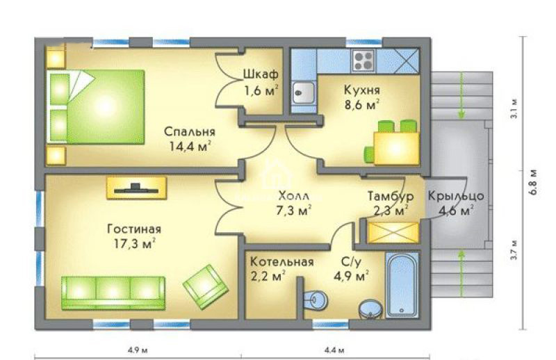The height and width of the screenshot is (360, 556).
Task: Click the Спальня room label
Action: coord(189,132)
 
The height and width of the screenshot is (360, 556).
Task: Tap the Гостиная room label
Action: coord(134,229)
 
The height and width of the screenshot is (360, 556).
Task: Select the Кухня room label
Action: coord(361,90)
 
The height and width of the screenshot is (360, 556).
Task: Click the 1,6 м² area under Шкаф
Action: coord(261,91)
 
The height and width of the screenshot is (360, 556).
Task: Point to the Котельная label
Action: coord(282,262)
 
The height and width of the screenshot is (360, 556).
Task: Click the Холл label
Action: coord(293,195)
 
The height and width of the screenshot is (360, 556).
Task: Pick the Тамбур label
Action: coord(391,196)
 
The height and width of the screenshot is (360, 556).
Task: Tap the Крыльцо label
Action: coord(456,196)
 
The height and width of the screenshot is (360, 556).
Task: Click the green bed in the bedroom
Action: coord(97,107)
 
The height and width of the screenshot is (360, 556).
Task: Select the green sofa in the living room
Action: coord(113,293)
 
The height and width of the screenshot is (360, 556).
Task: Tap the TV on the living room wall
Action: coord(136,188)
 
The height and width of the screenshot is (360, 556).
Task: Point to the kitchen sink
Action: coord(303,92)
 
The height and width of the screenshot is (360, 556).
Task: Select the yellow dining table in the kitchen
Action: coord(396,148)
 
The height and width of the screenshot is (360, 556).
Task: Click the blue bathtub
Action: coord(402,285)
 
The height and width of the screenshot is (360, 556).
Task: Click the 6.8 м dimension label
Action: coord(534,182)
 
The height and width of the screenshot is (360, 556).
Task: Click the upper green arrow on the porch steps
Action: coord(461,96)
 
